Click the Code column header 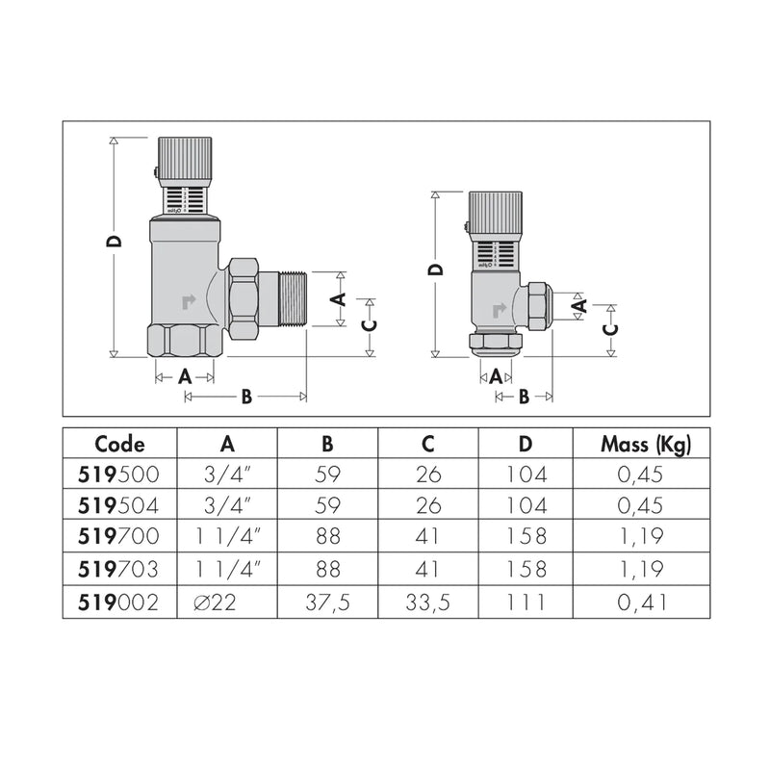[x=119, y=444]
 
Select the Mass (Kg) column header [x=646, y=445]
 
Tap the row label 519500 [x=118, y=475]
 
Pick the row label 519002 [x=118, y=603]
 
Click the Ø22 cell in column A [x=215, y=603]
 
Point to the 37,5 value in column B [x=327, y=603]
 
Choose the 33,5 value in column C [x=427, y=603]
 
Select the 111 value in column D [x=526, y=603]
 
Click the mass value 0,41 [x=642, y=603]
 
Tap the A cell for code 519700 [x=228, y=536]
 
